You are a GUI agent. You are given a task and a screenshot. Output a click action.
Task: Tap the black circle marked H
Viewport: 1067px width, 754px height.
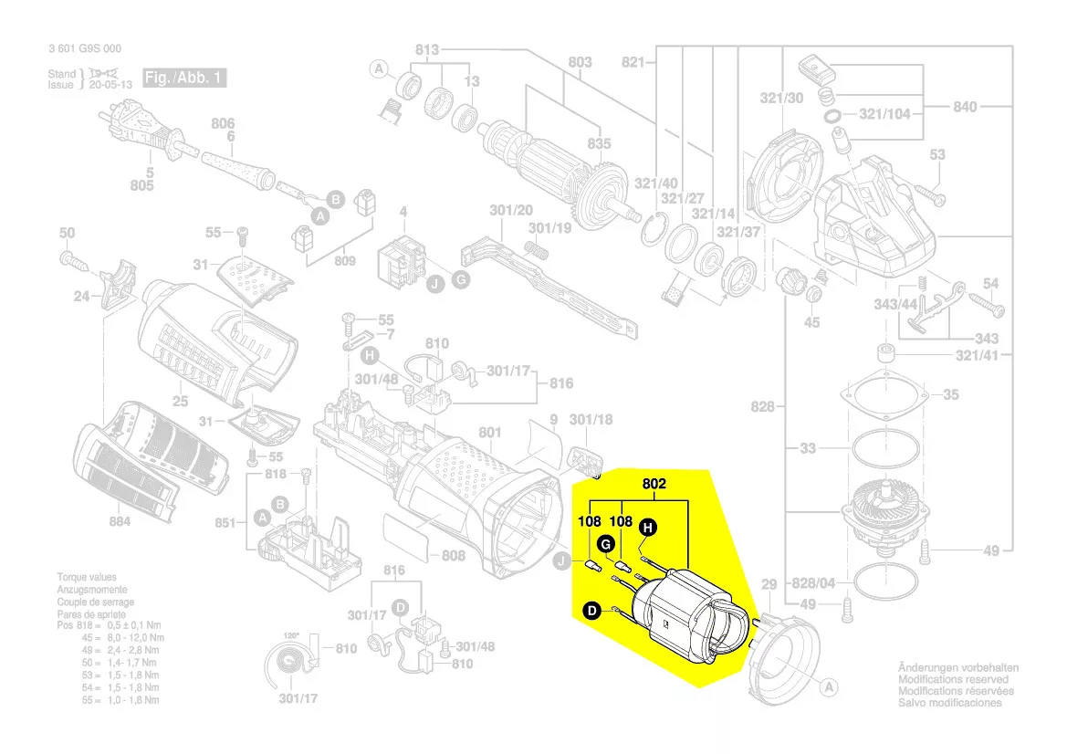(x=647, y=527)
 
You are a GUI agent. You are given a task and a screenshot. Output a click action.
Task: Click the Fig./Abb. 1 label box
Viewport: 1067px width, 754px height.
(x=183, y=79)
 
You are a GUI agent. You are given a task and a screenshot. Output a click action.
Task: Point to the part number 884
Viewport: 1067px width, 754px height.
(x=120, y=521)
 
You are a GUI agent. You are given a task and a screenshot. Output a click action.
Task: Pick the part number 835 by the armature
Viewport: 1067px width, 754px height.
(x=599, y=145)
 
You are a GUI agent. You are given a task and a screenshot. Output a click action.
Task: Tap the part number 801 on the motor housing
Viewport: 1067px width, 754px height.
(x=490, y=432)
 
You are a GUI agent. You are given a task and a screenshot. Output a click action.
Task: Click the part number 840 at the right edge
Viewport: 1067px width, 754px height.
(x=965, y=107)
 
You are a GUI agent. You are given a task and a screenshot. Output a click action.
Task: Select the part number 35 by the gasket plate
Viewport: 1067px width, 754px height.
(x=951, y=395)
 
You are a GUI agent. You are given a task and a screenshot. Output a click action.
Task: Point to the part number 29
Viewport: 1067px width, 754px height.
(x=769, y=584)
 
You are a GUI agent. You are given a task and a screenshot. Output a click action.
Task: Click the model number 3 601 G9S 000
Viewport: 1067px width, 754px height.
(x=84, y=49)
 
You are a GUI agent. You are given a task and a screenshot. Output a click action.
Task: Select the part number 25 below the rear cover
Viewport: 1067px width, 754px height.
(x=180, y=402)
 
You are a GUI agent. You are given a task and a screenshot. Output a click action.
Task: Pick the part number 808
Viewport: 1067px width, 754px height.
(x=454, y=555)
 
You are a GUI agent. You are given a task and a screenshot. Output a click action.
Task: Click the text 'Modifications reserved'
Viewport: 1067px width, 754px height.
(x=953, y=680)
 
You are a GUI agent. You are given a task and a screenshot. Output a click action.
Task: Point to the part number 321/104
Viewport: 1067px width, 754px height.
(x=884, y=114)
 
